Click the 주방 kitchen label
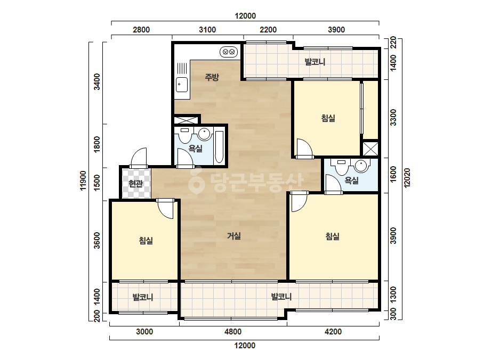click(212, 77)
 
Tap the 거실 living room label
click(234, 236)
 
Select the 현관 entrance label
click(135, 183)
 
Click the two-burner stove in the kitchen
click(229, 52)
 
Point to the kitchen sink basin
click(182, 84)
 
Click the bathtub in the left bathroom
click(219, 147)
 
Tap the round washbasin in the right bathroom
click(361, 166)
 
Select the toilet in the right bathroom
click(341, 167)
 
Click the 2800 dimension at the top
click(141, 30)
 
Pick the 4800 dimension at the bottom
click(233, 332)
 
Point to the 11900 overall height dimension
click(83, 181)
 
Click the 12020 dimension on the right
click(407, 178)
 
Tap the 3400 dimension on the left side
click(97, 81)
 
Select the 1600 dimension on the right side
click(393, 174)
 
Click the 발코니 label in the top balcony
click(315, 62)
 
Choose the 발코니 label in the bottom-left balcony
click(143, 297)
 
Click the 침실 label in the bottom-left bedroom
click(146, 241)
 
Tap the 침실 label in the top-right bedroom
click(328, 118)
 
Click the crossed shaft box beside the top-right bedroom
click(370, 149)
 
